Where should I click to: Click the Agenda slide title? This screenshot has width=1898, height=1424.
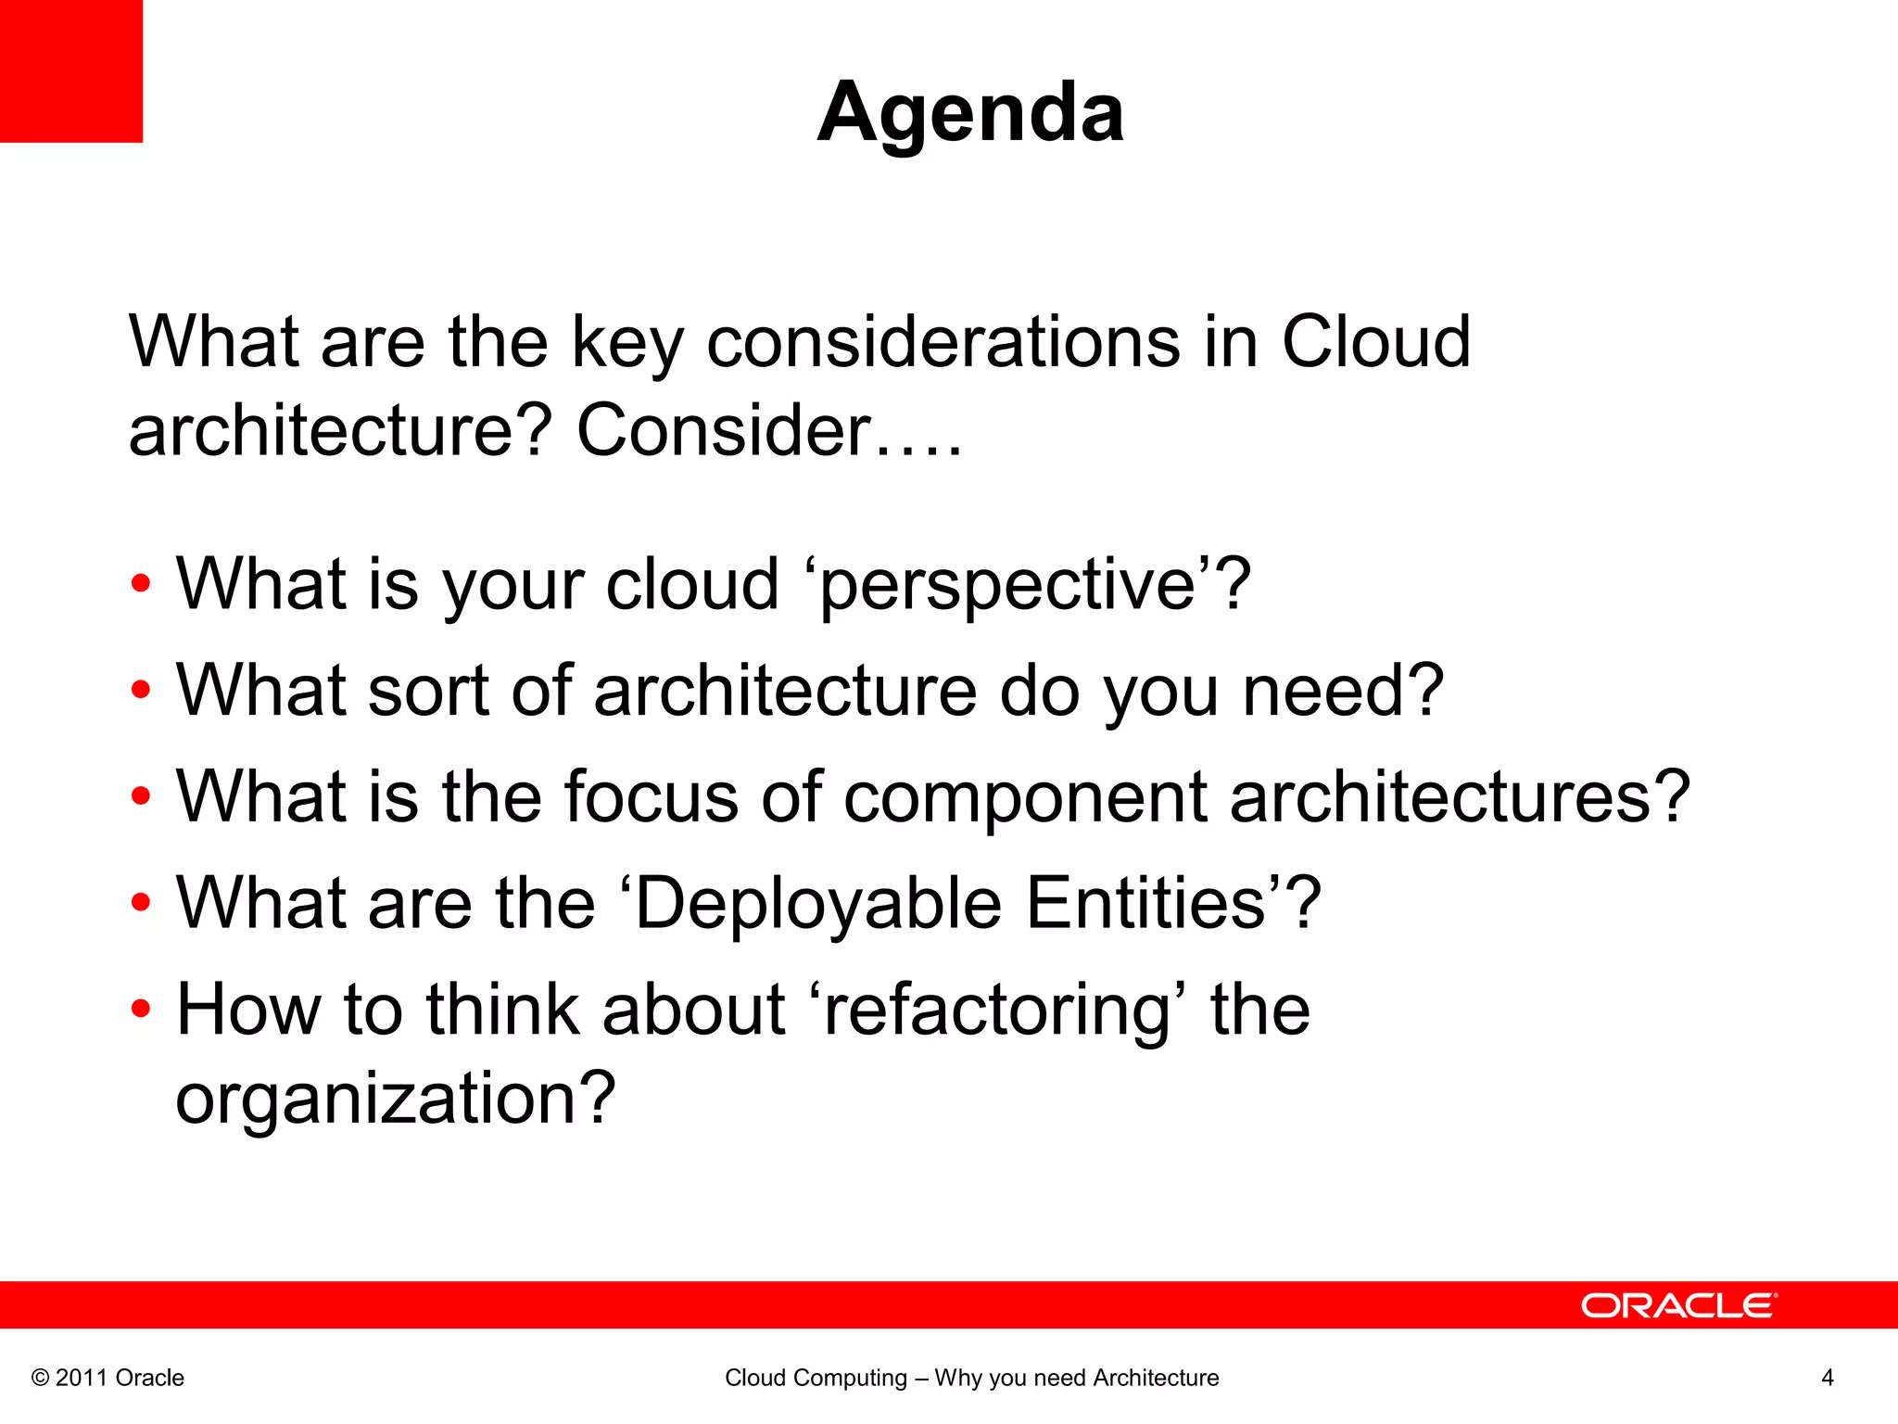970,112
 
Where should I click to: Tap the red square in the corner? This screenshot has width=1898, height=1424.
70,70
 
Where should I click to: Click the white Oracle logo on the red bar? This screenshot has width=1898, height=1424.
1678,1305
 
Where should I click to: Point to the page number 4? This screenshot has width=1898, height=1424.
1828,1378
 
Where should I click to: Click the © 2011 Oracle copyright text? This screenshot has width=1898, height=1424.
108,1378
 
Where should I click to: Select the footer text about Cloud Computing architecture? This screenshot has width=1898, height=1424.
971,1378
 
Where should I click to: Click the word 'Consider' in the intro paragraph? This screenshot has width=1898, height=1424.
723,432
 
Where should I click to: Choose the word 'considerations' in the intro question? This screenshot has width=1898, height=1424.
943,343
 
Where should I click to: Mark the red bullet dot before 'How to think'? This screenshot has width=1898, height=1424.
140,1009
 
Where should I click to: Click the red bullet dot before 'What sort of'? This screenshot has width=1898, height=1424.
140,690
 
